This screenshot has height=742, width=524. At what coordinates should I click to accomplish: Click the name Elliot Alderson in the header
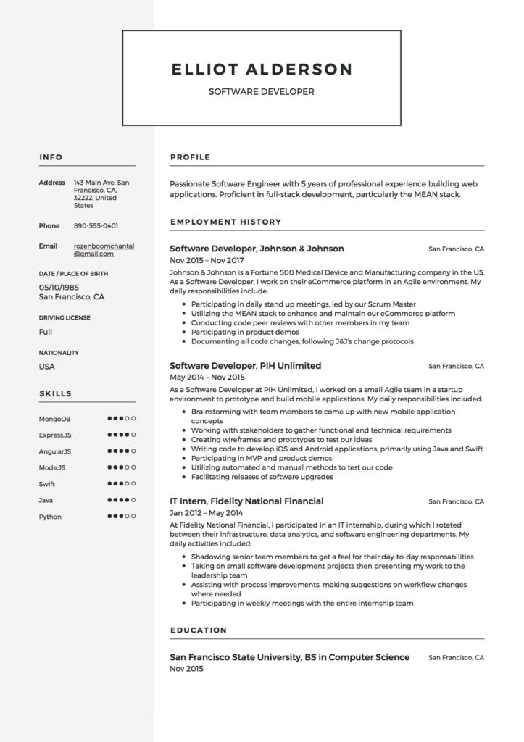pos(262,70)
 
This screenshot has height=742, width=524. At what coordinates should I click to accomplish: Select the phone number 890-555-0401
pos(96,226)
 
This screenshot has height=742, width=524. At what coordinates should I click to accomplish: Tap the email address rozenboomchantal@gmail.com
pos(104,250)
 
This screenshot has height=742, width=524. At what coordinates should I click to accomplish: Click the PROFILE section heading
pos(190,157)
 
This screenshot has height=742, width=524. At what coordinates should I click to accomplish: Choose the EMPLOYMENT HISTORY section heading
pos(225,222)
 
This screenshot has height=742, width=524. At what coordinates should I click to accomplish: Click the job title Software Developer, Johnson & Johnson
pos(257,249)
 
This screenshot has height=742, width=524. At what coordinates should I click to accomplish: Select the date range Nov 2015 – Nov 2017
pos(207,260)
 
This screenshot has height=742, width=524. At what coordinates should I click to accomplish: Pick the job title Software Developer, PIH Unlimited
pos(245,366)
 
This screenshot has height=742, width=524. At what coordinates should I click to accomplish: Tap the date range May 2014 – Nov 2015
pos(207,378)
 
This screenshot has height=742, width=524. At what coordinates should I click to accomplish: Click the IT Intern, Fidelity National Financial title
pos(246,501)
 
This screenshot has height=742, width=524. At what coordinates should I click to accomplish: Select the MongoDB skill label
pos(54,419)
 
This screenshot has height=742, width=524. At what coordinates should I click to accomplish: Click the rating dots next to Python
pos(121,517)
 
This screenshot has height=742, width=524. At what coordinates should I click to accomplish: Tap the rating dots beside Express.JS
pos(121,435)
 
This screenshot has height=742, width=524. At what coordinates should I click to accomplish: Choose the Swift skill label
pos(47,484)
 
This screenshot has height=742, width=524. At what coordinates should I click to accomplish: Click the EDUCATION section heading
pos(198,630)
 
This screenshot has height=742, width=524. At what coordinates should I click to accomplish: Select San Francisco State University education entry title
pos(289,657)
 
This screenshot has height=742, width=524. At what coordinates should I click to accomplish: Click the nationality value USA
pos(47,367)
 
